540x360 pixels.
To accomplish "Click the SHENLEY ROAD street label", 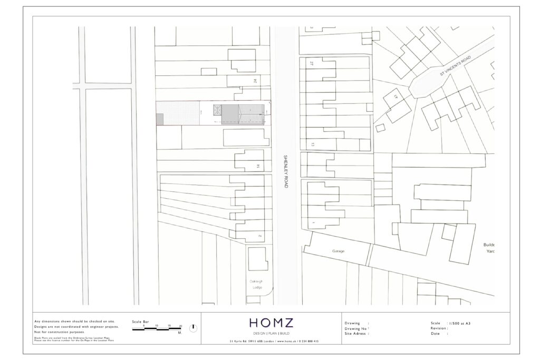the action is [285, 171].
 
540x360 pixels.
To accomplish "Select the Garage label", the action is [338, 251].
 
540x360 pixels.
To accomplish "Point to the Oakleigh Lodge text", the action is [256, 285].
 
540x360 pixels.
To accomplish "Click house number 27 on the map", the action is [312, 63].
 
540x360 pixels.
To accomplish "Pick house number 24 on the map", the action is [255, 81].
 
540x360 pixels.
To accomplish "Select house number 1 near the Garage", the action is [313, 223].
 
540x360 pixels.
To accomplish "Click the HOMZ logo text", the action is [272, 323].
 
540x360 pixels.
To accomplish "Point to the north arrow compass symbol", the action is [194, 327].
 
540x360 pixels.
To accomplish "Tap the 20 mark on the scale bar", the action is [181, 326].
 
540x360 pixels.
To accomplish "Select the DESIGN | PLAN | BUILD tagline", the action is [272, 334].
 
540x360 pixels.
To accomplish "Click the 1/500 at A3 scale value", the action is [460, 323].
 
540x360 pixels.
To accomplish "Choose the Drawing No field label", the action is [356, 328].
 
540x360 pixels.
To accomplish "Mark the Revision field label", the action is [439, 328].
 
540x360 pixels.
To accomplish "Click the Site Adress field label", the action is [356, 334].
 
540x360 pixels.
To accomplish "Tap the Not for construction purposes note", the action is [59, 333].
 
